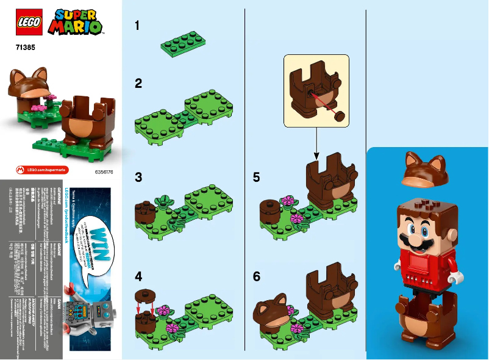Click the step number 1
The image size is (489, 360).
coord(138,26)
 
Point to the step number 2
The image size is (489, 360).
coord(138,83)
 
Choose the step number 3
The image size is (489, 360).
coord(138,178)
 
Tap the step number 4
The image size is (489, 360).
coord(138,276)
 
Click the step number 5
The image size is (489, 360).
coord(257,178)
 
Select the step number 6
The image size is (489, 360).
coord(257,276)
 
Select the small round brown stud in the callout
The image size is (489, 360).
coord(338,115)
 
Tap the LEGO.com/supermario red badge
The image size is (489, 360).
coord(42,169)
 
